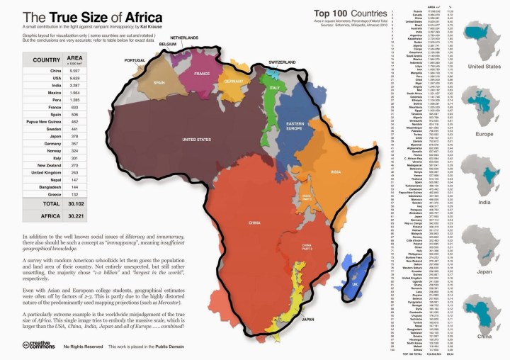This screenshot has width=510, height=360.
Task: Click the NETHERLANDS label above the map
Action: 183,38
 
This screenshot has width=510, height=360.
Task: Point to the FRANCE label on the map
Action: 202,74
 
